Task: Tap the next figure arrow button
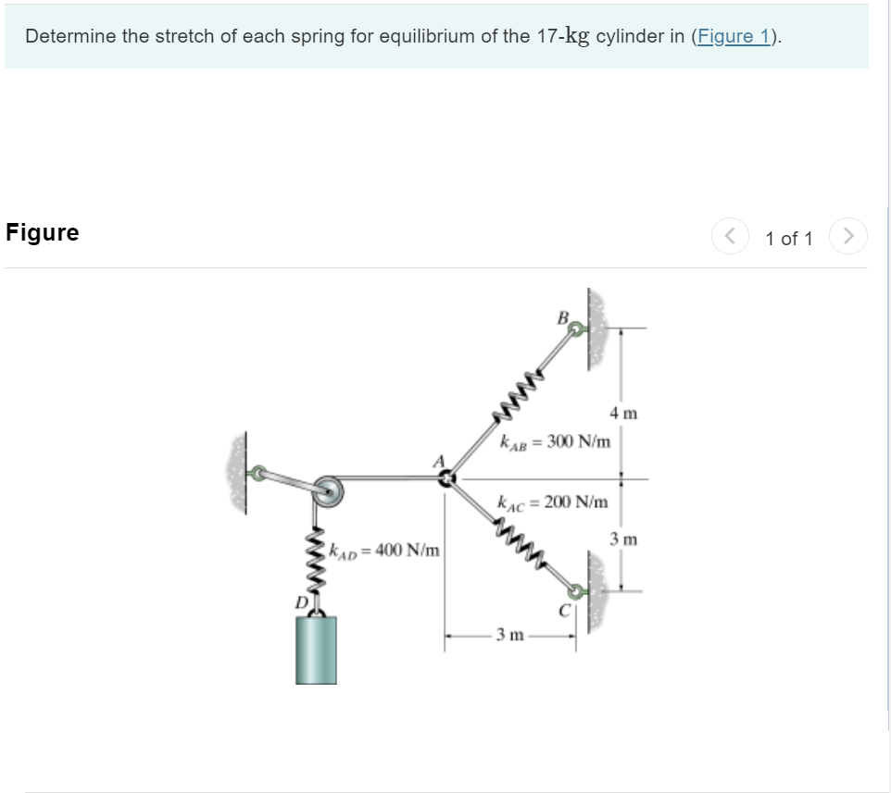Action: pyautogui.click(x=848, y=238)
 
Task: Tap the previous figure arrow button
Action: pyautogui.click(x=729, y=238)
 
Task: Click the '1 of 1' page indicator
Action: pyautogui.click(x=789, y=239)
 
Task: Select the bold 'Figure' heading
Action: pyautogui.click(x=43, y=232)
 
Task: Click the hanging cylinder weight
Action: pyautogui.click(x=316, y=650)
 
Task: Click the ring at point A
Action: pyautogui.click(x=447, y=478)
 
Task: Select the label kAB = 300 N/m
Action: pyautogui.click(x=555, y=440)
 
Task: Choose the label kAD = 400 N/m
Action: pyautogui.click(x=384, y=551)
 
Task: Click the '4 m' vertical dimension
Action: pyautogui.click(x=623, y=413)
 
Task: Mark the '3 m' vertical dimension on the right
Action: pyautogui.click(x=623, y=539)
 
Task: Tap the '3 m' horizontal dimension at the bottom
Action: pyautogui.click(x=510, y=635)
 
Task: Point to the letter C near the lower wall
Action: pyautogui.click(x=562, y=610)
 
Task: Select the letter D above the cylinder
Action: pyautogui.click(x=300, y=602)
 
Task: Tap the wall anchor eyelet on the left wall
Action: pyautogui.click(x=258, y=473)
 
